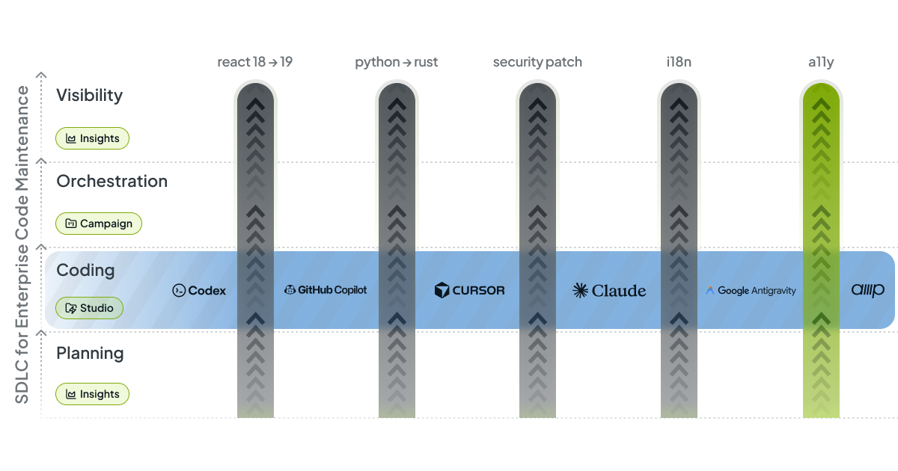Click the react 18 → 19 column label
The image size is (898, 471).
tap(254, 63)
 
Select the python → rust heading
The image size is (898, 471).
tap(396, 63)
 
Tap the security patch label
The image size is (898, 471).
tap(537, 63)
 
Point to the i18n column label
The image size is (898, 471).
tap(679, 63)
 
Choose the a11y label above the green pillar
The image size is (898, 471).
tap(820, 63)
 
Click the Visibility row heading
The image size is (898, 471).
tap(89, 96)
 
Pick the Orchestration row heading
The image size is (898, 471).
tap(112, 182)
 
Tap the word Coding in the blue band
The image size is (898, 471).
tap(85, 270)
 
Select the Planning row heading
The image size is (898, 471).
tap(90, 353)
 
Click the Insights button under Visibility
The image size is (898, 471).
tap(93, 138)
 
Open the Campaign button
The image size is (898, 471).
tap(99, 224)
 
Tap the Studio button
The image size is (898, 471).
tap(89, 308)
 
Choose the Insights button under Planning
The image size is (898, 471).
tap(93, 394)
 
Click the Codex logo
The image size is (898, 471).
tap(199, 291)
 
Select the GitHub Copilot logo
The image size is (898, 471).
tap(326, 290)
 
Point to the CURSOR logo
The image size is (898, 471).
tap(469, 291)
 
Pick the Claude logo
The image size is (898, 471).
tap(609, 291)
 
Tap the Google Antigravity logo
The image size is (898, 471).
tap(751, 291)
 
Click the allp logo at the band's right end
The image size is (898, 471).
tap(867, 291)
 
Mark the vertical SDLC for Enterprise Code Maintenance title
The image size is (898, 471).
tap(23, 245)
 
